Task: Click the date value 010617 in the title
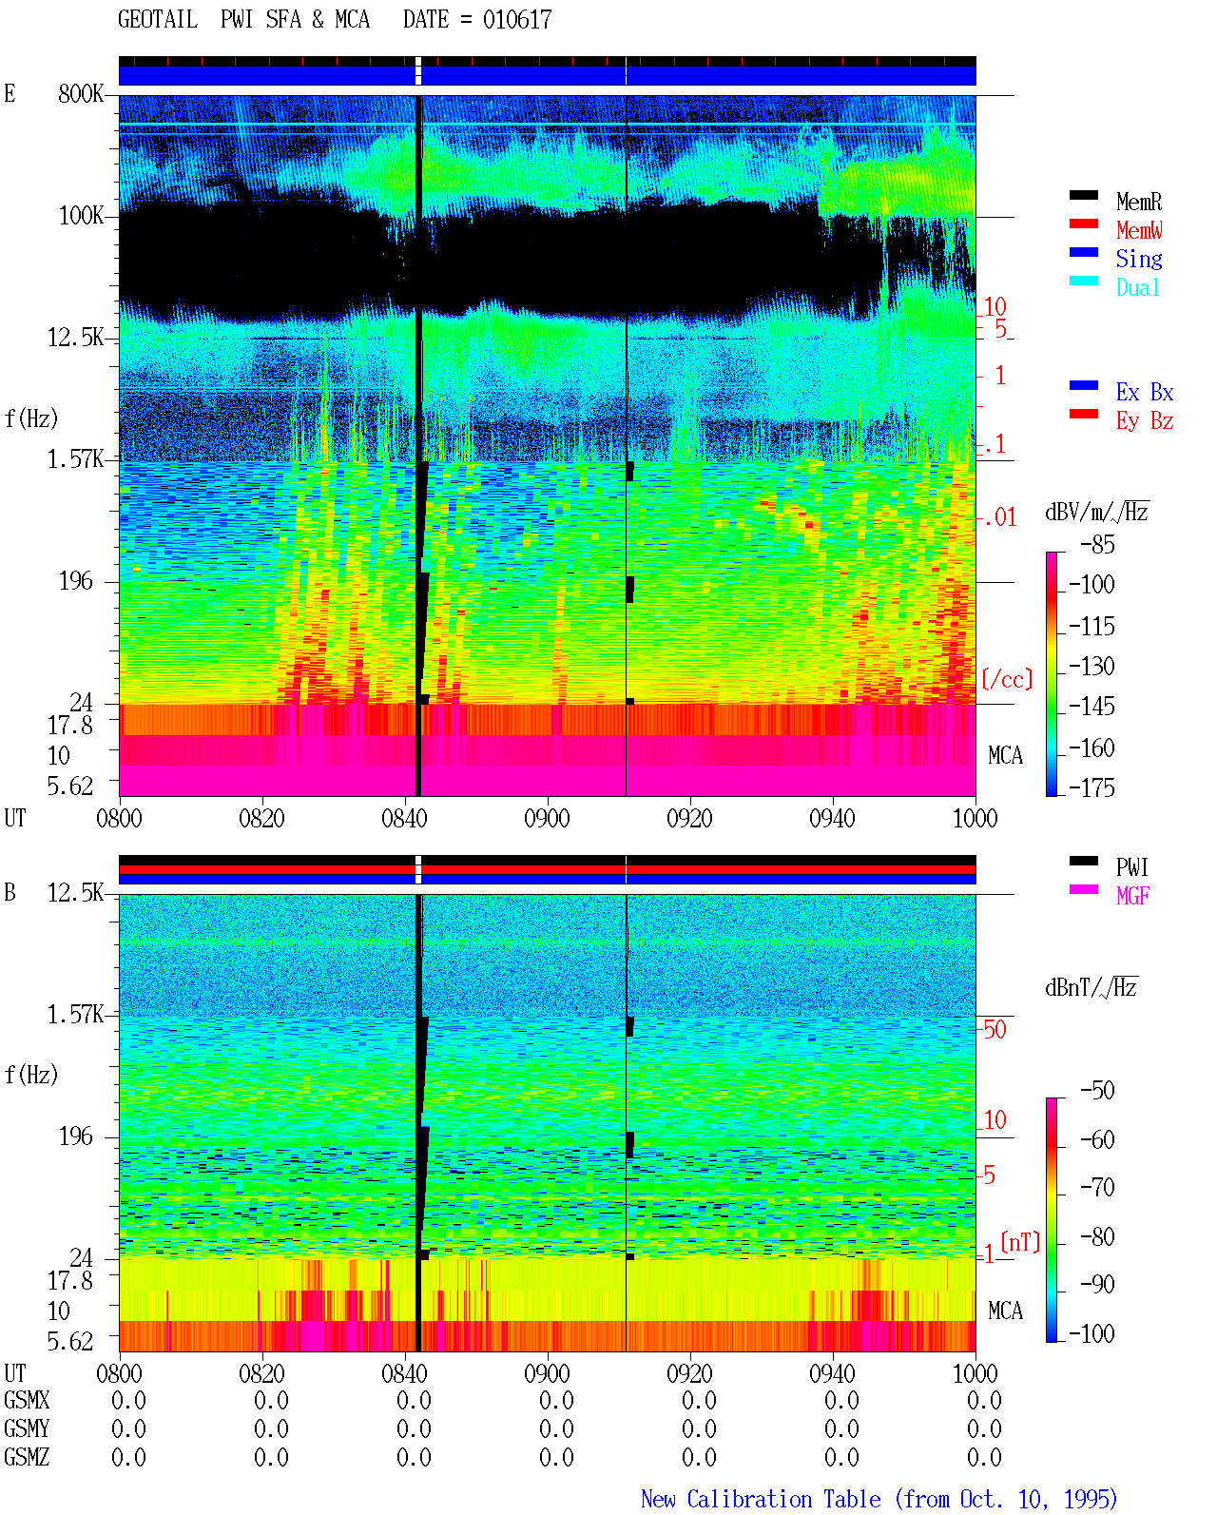pyautogui.click(x=516, y=20)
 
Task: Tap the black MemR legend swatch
pyautogui.click(x=1083, y=195)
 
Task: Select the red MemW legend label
pyautogui.click(x=1139, y=230)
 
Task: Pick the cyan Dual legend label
pyautogui.click(x=1137, y=287)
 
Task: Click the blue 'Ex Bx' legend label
pyautogui.click(x=1145, y=392)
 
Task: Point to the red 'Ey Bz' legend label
pyautogui.click(x=1145, y=421)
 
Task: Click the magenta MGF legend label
pyautogui.click(x=1132, y=896)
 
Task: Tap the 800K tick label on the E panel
pyautogui.click(x=81, y=93)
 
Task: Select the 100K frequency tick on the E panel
pyautogui.click(x=81, y=216)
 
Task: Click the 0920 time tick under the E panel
pyautogui.click(x=689, y=818)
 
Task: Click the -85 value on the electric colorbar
pyautogui.click(x=1097, y=545)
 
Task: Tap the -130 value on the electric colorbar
pyautogui.click(x=1091, y=666)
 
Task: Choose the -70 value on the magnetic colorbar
pyautogui.click(x=1097, y=1188)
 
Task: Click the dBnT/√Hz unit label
pyautogui.click(x=1091, y=987)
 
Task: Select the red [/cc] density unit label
pyautogui.click(x=1007, y=679)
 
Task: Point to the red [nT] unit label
pyautogui.click(x=1020, y=1242)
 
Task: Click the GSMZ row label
pyautogui.click(x=27, y=1457)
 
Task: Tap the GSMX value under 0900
pyautogui.click(x=556, y=1400)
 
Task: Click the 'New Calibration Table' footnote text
pyautogui.click(x=761, y=1499)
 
